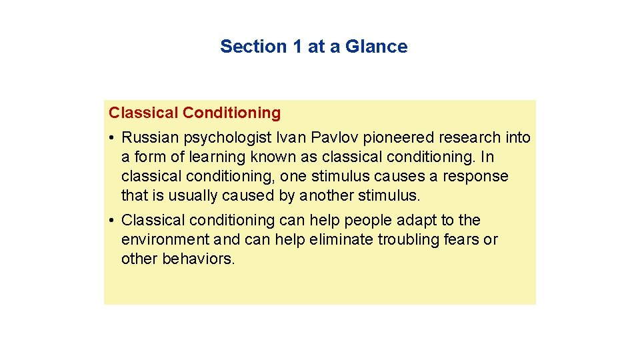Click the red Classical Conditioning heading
point(195,113)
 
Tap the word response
point(478,177)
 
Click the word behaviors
point(199,259)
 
